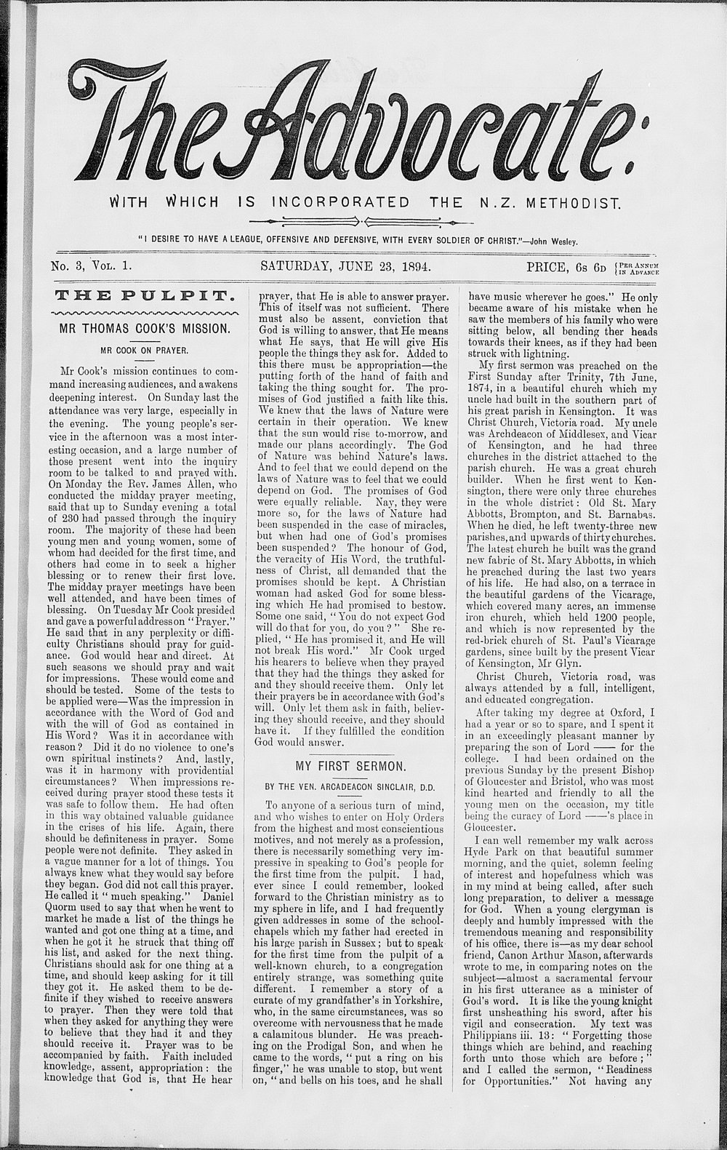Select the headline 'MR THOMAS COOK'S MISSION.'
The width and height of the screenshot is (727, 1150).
point(145,327)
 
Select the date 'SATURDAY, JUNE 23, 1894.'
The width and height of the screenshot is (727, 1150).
point(346,267)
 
